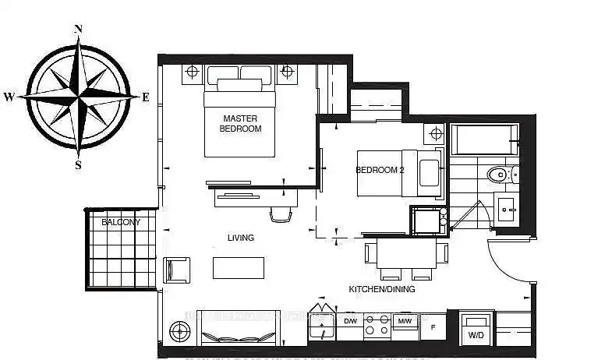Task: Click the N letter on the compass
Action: [78, 30]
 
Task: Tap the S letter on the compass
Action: [78, 164]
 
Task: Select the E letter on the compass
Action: [145, 97]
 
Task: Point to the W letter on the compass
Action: [9, 97]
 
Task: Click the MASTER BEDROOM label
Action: [240, 123]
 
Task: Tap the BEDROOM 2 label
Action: [380, 170]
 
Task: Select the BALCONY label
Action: [121, 222]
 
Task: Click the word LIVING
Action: [241, 238]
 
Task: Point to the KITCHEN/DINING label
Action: [381, 289]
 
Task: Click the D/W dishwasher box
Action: [350, 321]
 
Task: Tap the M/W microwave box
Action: [405, 321]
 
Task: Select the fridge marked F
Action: [433, 325]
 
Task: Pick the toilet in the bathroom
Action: [497, 173]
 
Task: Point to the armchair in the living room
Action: [175, 270]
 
